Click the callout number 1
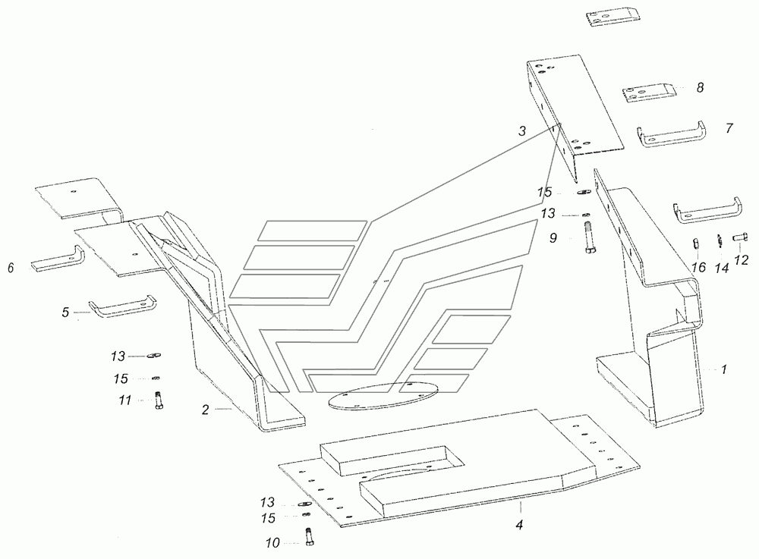[724, 369]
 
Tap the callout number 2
[205, 410]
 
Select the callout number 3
[522, 131]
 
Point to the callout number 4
[518, 524]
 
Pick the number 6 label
[11, 269]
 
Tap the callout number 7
[729, 128]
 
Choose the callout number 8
[700, 87]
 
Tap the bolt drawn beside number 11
[157, 400]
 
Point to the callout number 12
[742, 260]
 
